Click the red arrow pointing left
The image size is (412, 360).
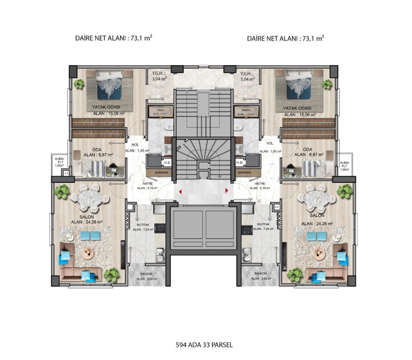click(180, 191)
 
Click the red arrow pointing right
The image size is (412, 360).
click(227, 190)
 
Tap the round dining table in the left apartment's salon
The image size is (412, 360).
click(89, 198)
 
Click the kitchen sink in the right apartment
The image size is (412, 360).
click(247, 257)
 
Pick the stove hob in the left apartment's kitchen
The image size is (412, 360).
click(160, 229)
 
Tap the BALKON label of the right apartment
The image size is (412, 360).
click(260, 274)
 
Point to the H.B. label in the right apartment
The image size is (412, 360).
click(240, 163)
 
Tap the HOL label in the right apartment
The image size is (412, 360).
click(270, 143)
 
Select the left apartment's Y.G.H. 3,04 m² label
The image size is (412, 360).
click(159, 76)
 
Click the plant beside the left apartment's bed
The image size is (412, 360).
click(79, 84)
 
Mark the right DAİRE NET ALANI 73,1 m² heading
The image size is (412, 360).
click(286, 38)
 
